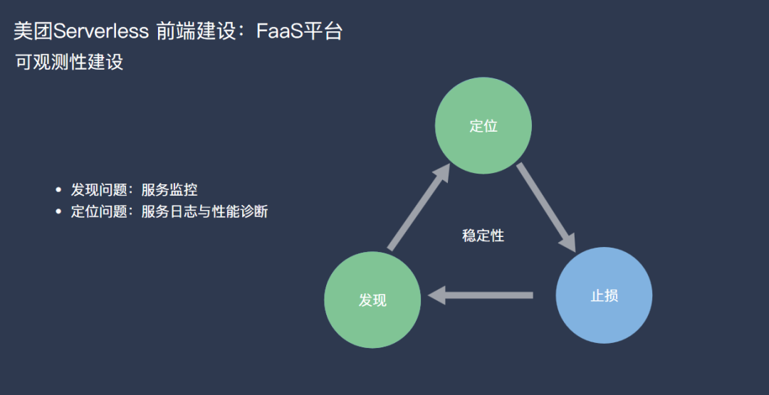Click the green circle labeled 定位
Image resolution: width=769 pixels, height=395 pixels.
(483, 126)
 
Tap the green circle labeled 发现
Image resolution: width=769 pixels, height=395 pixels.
(372, 300)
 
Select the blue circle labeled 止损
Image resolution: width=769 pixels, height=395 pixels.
(604, 295)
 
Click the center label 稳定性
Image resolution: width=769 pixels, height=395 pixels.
(483, 236)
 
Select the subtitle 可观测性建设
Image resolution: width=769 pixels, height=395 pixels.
(69, 62)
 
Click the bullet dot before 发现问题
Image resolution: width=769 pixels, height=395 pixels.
(59, 190)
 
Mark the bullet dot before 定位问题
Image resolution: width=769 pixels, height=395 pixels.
(59, 211)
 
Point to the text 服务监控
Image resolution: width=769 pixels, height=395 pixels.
(169, 190)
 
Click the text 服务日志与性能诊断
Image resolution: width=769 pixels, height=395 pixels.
(204, 211)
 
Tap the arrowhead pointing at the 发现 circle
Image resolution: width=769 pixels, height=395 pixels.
(436, 295)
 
